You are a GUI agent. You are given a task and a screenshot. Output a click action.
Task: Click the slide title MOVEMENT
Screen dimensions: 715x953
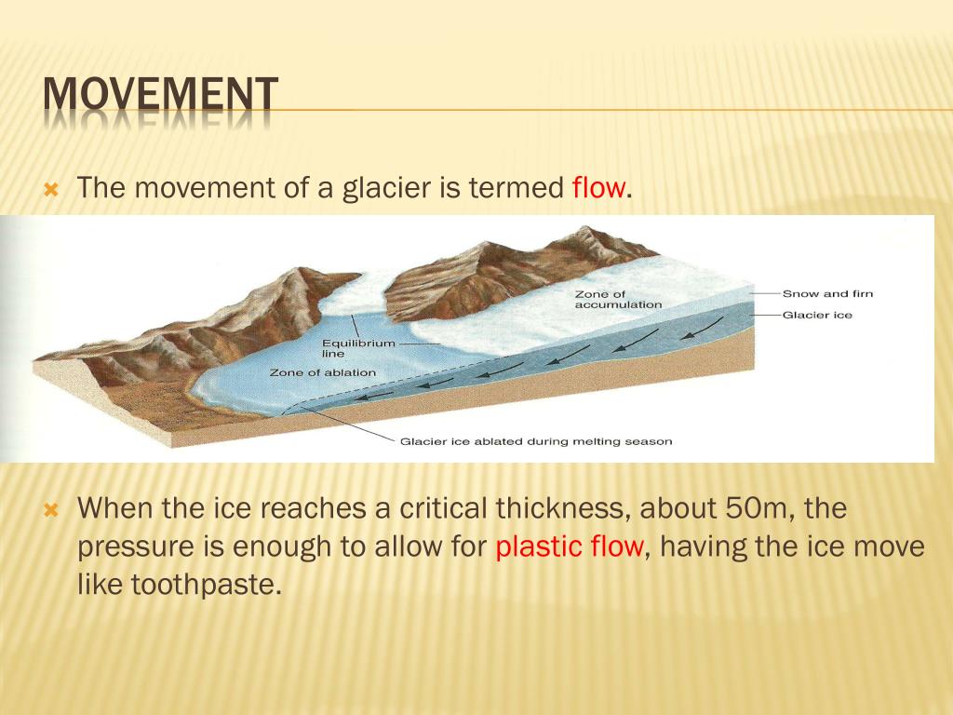click(161, 97)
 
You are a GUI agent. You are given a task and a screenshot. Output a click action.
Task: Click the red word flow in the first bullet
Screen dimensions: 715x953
click(598, 189)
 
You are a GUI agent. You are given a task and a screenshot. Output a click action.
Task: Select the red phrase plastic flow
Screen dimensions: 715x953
click(569, 546)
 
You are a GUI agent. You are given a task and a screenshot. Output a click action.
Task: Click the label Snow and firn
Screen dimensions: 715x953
click(827, 294)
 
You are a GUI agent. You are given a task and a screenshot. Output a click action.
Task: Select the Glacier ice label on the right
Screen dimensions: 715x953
click(817, 316)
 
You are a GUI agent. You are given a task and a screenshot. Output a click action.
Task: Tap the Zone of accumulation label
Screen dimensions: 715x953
click(618, 300)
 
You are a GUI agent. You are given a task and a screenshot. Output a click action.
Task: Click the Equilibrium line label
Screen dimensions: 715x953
click(358, 348)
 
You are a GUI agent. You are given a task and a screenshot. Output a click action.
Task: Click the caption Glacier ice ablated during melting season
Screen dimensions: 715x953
click(535, 441)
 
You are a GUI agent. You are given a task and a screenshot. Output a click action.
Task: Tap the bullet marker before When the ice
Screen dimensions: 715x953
click(52, 509)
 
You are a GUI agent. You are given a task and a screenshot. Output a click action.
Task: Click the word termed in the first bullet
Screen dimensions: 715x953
click(515, 189)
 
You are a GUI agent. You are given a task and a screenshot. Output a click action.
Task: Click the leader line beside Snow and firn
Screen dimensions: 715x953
click(764, 294)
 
